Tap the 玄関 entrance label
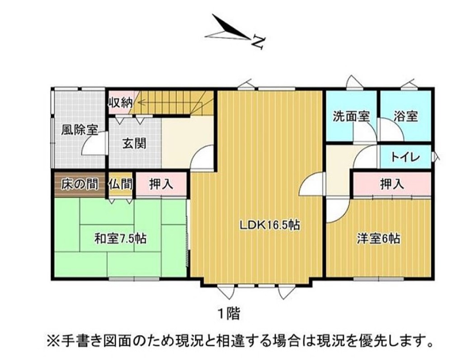tap(134, 144)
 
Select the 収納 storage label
tap(120, 103)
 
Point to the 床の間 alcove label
tap(80, 184)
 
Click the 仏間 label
tap(120, 184)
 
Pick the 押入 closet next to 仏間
tap(161, 184)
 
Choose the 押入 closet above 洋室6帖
tap(392, 184)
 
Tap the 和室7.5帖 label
tap(120, 239)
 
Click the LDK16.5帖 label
tap(270, 225)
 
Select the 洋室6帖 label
tap(378, 239)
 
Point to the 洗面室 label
tap(351, 117)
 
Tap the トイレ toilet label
tap(405, 157)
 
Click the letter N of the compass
tap(259, 43)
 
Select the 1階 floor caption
tap(229, 314)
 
